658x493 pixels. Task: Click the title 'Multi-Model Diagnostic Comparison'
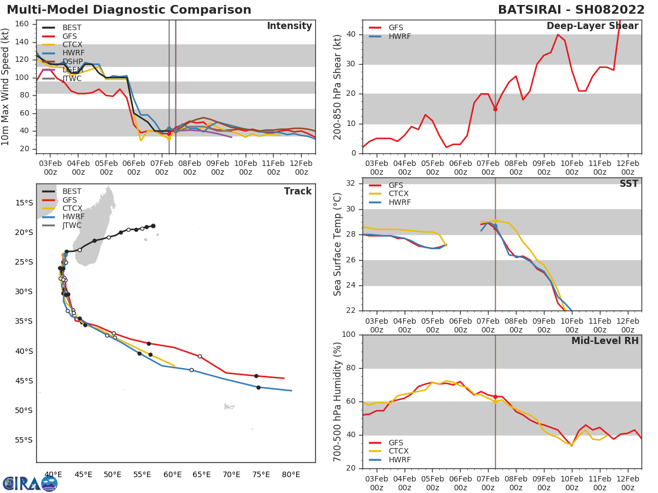pyautogui.click(x=129, y=10)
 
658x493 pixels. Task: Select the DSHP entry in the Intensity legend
pyautogui.click(x=72, y=61)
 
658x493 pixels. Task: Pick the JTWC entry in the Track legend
pyautogui.click(x=72, y=226)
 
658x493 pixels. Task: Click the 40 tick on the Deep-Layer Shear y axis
pyautogui.click(x=353, y=35)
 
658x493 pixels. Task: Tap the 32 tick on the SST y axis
pyautogui.click(x=353, y=184)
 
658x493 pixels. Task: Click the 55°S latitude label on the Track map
pyautogui.click(x=24, y=440)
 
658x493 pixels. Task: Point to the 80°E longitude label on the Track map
pyautogui.click(x=291, y=474)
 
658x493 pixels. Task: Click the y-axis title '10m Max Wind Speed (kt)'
pyautogui.click(x=7, y=88)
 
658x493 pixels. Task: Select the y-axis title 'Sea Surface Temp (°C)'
pyautogui.click(x=337, y=244)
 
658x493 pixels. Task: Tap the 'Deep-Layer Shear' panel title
pyautogui.click(x=592, y=26)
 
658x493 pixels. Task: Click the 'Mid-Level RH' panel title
pyautogui.click(x=605, y=341)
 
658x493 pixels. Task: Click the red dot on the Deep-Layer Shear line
pyautogui.click(x=495, y=109)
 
